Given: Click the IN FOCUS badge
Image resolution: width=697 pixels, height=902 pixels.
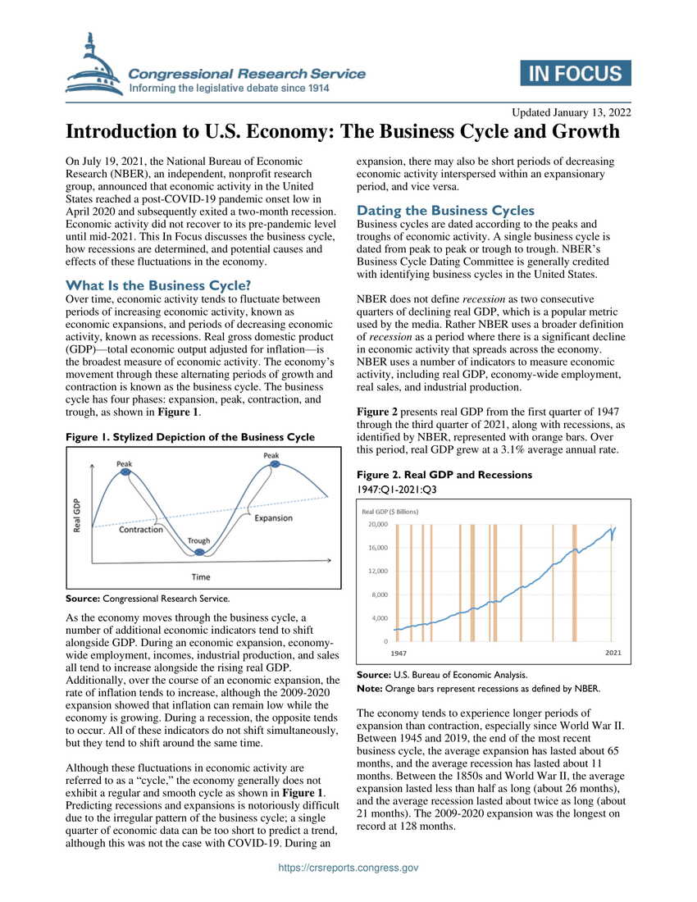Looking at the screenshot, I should (576, 73).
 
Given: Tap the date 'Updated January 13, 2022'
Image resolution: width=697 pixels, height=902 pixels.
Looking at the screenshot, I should (572, 112).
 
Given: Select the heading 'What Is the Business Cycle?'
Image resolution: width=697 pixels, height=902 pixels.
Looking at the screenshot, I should (158, 285).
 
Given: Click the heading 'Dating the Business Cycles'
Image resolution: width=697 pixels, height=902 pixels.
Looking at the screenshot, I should (446, 210).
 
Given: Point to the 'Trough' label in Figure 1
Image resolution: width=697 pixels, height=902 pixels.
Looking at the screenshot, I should (198, 541).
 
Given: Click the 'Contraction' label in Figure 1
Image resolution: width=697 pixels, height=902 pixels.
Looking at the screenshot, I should (141, 530).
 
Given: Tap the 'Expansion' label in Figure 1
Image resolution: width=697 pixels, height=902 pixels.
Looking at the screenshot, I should (273, 518).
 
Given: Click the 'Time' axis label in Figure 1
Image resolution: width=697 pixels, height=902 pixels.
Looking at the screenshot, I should (201, 577).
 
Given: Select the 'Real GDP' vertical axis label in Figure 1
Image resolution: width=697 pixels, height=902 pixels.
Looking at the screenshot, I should (77, 515).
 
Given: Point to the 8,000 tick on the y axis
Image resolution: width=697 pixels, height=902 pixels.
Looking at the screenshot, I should (379, 594).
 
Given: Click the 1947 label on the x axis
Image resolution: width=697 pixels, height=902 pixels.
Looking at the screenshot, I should (399, 653).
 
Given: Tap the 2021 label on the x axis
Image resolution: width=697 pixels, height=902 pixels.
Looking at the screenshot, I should (613, 653).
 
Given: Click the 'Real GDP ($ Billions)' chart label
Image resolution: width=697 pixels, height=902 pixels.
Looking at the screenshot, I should (390, 511).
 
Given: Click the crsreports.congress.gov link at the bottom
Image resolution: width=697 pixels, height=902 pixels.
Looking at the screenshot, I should (348, 868).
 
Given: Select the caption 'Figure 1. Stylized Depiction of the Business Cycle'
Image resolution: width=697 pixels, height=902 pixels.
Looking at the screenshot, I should (189, 437).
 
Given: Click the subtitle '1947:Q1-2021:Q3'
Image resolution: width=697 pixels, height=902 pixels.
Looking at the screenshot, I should (396, 490).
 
